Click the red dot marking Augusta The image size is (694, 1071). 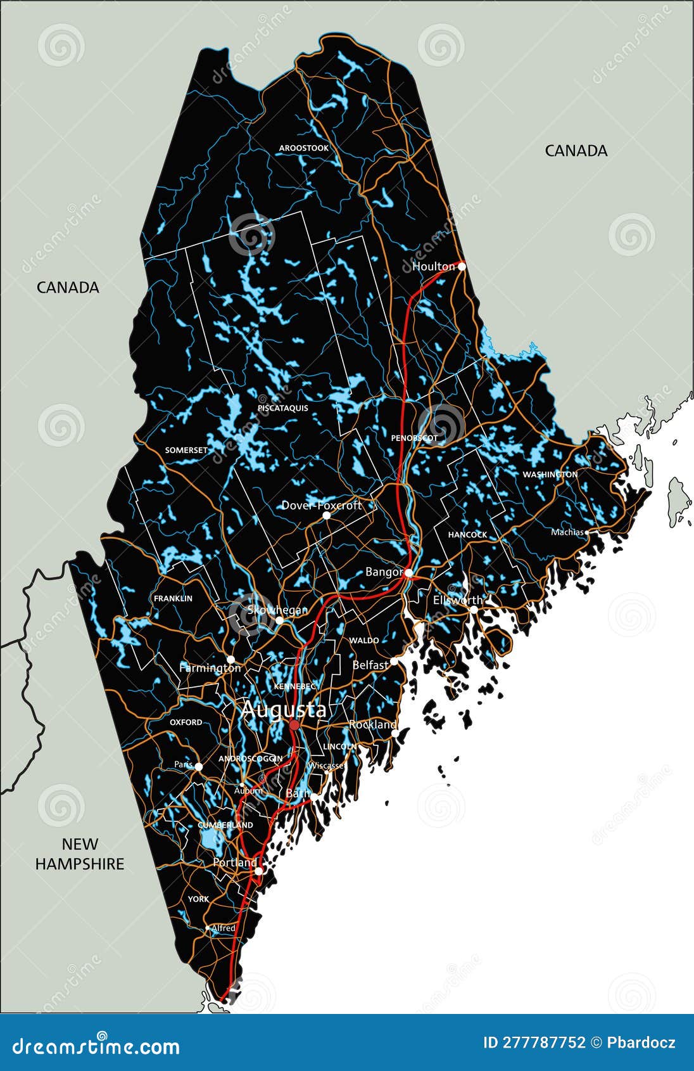[294, 724]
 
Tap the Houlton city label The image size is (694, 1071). [433, 267]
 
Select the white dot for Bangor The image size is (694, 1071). [409, 573]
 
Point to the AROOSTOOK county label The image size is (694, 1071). [304, 148]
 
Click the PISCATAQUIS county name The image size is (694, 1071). [283, 408]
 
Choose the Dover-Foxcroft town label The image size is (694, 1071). [321, 505]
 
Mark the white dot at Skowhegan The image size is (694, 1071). [279, 620]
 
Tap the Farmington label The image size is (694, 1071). [210, 668]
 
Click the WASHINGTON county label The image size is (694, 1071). [550, 475]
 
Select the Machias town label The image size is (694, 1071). [567, 532]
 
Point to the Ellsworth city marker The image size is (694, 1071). [474, 610]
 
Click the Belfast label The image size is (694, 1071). [370, 665]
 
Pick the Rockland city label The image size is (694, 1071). [372, 724]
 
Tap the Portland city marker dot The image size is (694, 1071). [258, 871]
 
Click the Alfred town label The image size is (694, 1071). [223, 928]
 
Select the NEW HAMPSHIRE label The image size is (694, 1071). [80, 854]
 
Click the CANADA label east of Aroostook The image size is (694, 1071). [576, 151]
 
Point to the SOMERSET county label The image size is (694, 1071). [186, 451]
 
